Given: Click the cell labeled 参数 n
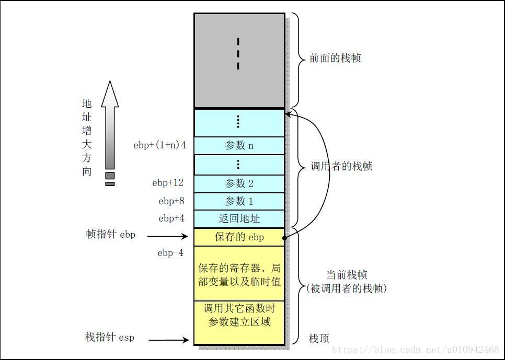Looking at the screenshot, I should pos(239,145).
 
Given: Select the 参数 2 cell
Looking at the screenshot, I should pos(239,183).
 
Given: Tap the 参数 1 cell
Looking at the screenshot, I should pos(239,201).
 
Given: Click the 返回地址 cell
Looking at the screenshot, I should pos(239,218).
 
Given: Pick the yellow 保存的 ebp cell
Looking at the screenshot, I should pos(239,237).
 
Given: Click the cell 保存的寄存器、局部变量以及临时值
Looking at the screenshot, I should pos(239,275).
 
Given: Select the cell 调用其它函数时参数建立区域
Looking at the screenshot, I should pos(239,315).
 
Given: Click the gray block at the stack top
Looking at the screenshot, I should pos(239,60).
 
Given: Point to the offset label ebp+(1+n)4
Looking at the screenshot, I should pos(159,145).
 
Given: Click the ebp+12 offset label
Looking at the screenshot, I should pos(168,183).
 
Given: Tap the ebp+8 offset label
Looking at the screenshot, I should pos(171,201).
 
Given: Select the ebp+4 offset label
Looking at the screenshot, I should pos(171,218).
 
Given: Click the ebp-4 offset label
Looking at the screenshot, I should pos(170,253).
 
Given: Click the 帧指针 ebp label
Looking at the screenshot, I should pos(110,235).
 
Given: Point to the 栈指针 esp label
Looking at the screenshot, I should pos(110,338).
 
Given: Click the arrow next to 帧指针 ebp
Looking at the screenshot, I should pos(168,237).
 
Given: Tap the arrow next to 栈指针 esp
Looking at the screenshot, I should pos(168,340).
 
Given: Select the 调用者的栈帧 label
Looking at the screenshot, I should pos(342,167).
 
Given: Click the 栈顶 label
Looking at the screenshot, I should pos(319,339).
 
